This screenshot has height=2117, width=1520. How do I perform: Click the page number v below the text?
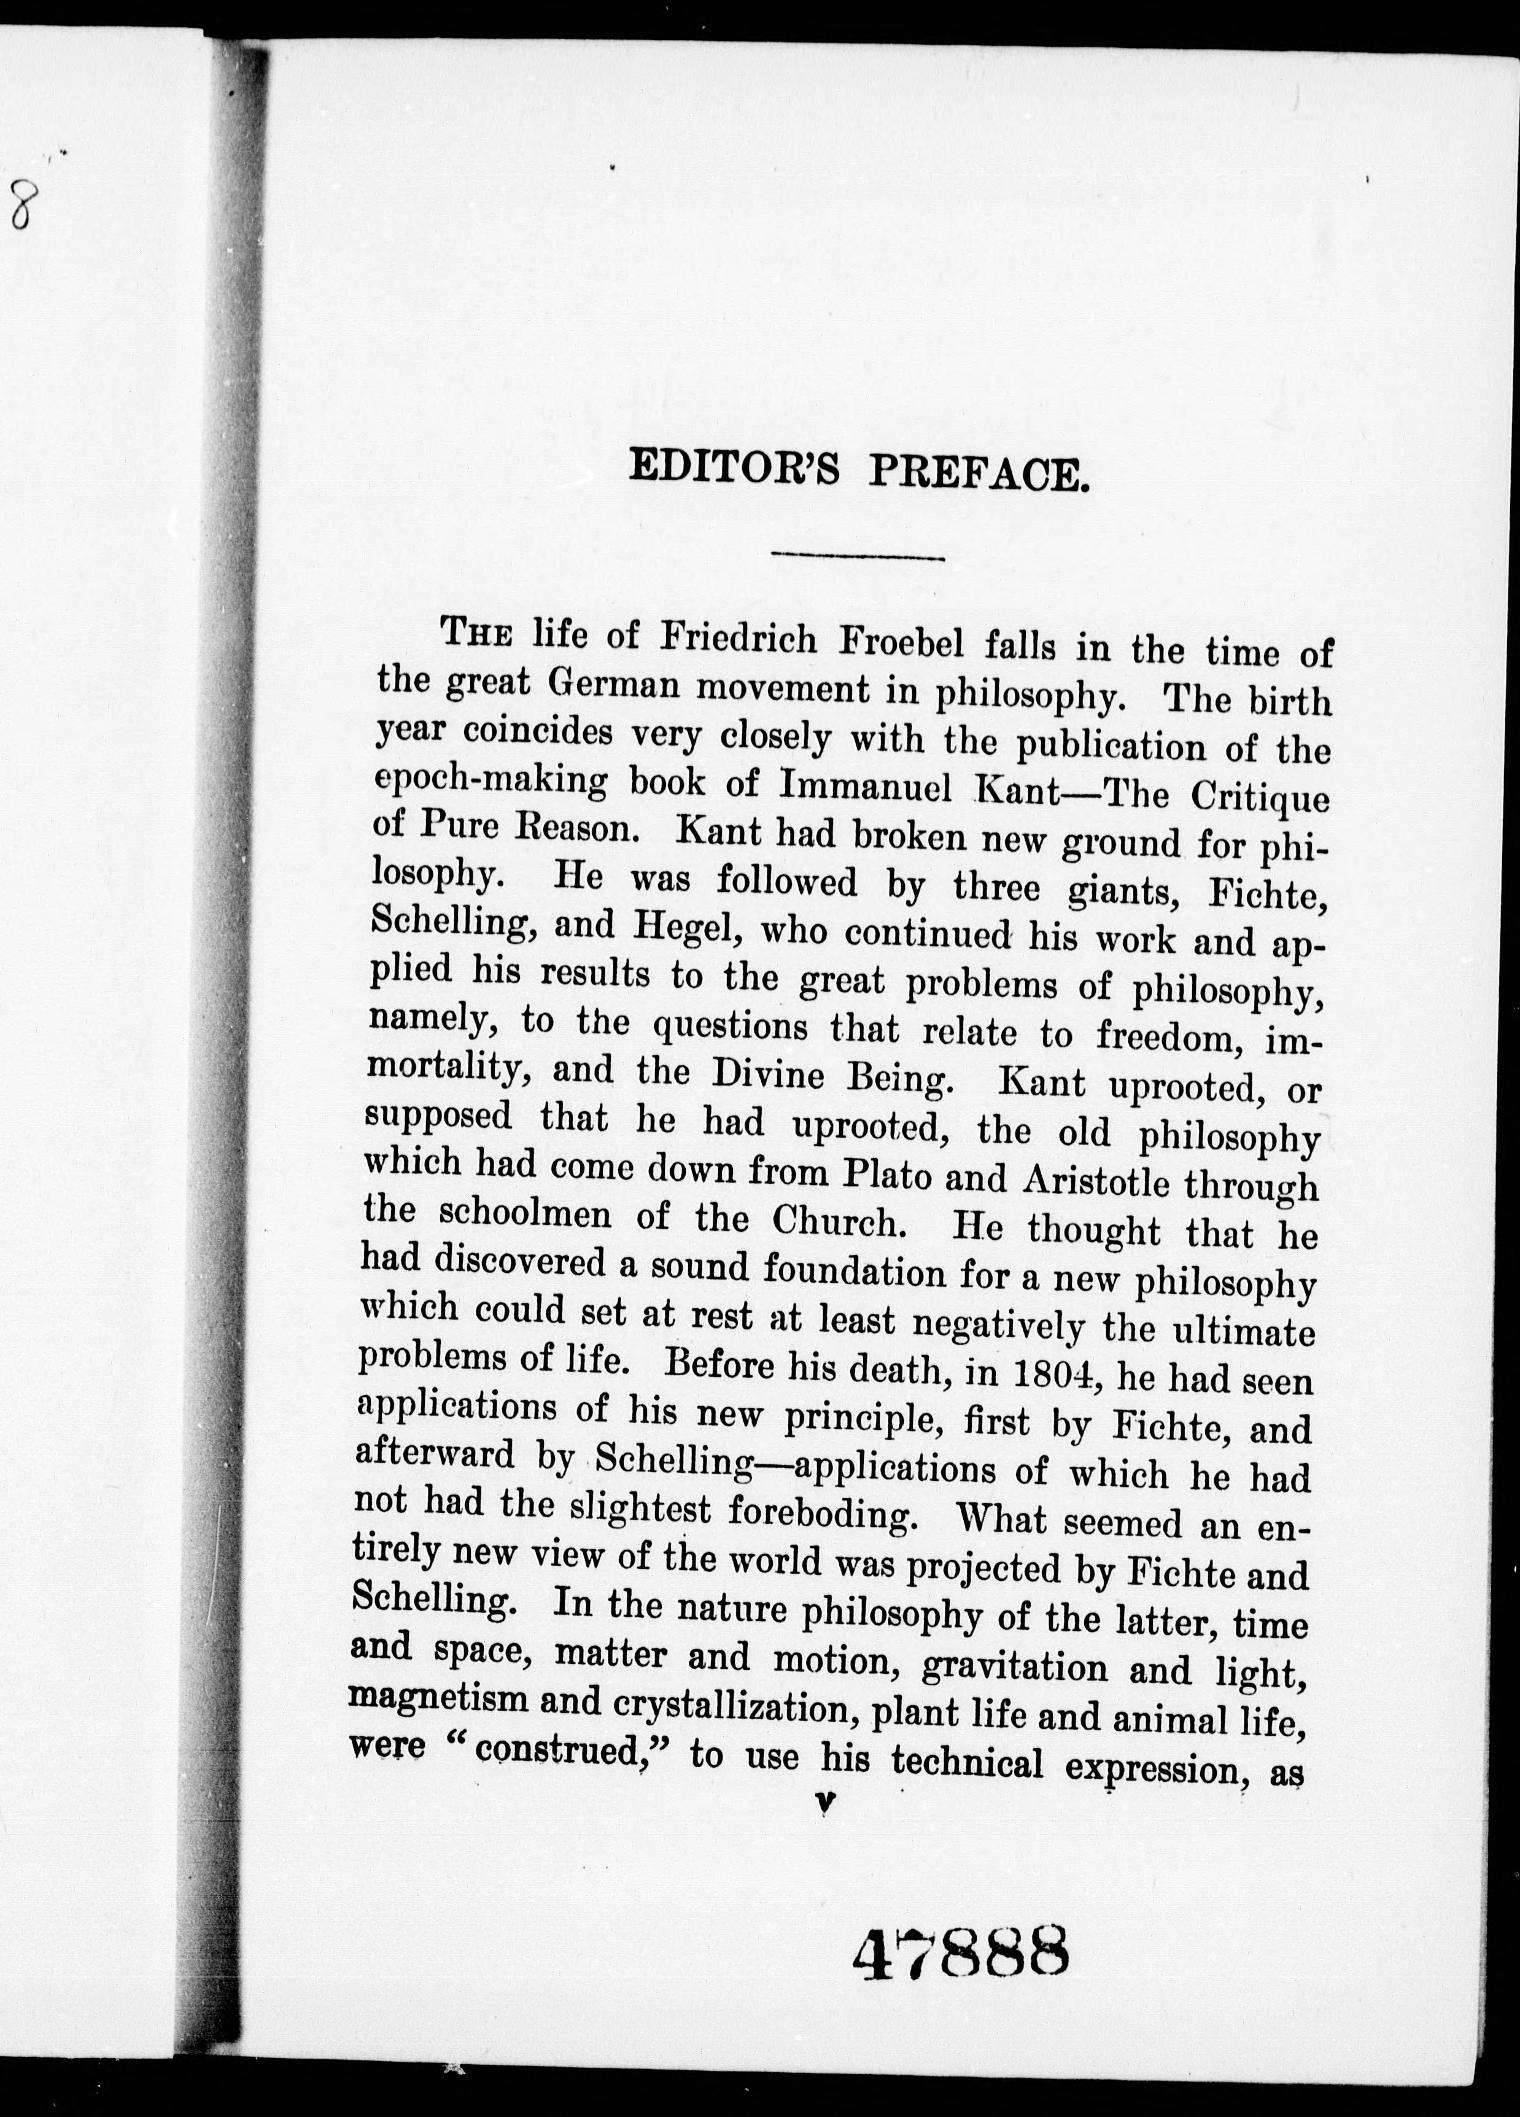coord(824,1806)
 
